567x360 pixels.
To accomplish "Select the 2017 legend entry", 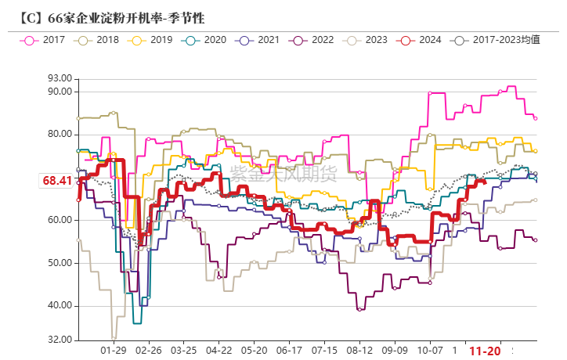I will point(46,40).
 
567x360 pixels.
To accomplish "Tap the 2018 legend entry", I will point(100,40).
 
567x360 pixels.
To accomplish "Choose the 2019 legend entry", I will point(153,40).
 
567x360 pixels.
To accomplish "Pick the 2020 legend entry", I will point(207,40).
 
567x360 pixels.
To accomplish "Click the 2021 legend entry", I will point(260,40).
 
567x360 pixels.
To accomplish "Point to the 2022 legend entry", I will point(314,40).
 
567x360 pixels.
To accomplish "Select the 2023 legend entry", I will point(368,40).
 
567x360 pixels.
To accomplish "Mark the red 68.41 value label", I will point(57,181).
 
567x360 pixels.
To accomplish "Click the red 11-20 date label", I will point(485,351).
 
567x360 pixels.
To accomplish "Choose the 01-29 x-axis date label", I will point(114,351).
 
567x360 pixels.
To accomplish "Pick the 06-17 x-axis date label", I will point(290,351).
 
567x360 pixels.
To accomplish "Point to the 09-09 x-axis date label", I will point(395,351).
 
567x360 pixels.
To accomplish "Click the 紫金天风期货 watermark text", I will point(283,173).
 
